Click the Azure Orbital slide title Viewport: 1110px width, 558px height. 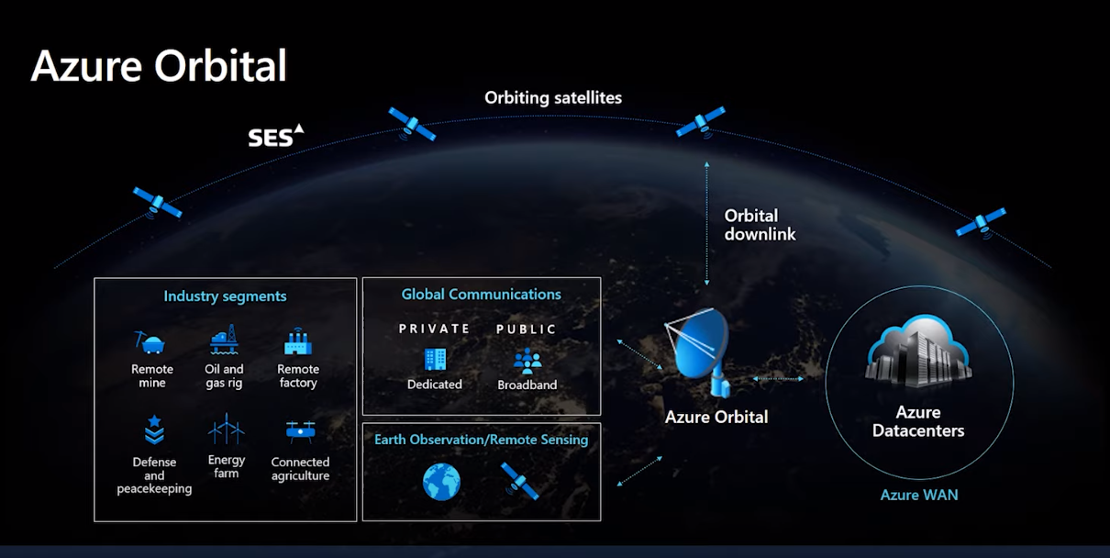click(x=159, y=66)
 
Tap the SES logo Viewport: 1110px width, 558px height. click(x=275, y=136)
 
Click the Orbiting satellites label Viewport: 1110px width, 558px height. click(x=553, y=97)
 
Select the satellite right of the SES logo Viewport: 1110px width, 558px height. click(x=411, y=123)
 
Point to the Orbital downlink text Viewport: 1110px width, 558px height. click(x=760, y=225)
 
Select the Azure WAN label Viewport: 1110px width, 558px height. click(x=919, y=495)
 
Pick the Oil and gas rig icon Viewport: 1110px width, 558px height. click(x=225, y=340)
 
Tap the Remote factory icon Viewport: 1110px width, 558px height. click(x=297, y=342)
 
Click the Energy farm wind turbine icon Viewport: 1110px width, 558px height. click(x=226, y=429)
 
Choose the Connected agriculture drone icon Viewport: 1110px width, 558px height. click(x=300, y=431)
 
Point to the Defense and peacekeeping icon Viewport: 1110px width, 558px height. click(x=153, y=430)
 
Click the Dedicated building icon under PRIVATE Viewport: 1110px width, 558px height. click(x=435, y=360)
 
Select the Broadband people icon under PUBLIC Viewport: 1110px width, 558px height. click(x=527, y=361)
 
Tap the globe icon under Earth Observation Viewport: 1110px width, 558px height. click(x=441, y=482)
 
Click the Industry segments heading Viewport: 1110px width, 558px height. click(x=225, y=296)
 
